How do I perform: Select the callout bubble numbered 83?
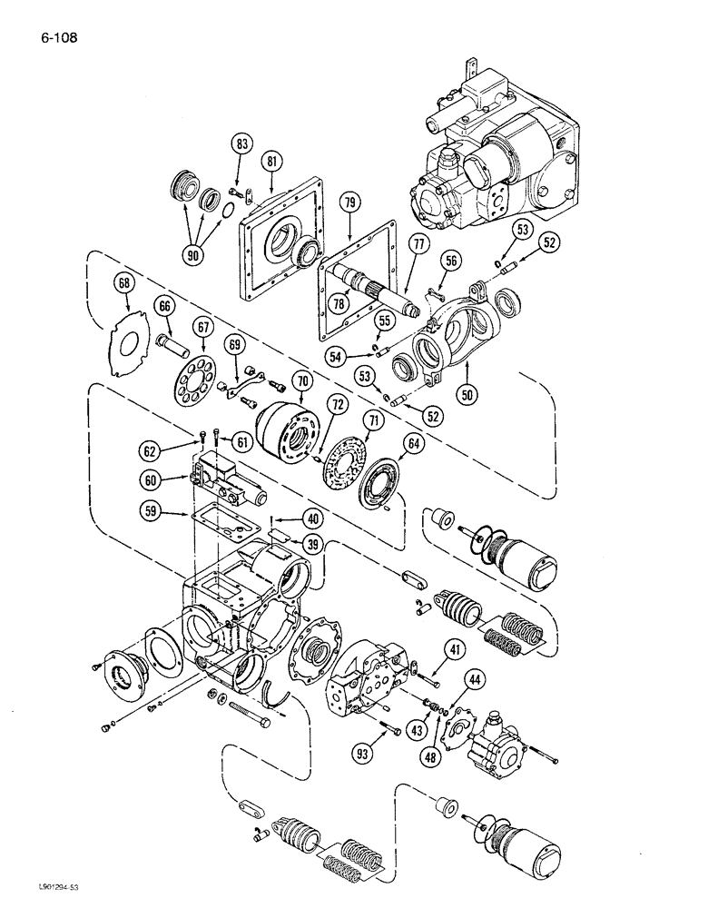[x=241, y=143]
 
